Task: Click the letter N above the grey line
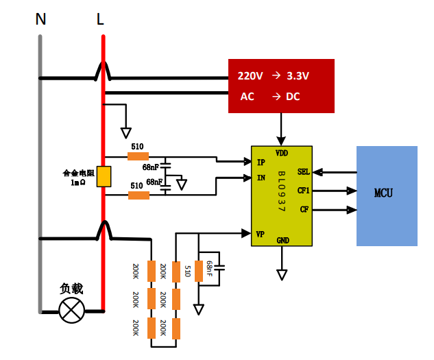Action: point(40,19)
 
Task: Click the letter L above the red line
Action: point(100,19)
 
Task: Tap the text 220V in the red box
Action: point(250,75)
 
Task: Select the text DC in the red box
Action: point(293,97)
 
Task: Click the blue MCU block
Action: point(387,196)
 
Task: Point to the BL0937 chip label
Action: point(281,191)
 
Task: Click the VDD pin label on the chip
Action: point(282,153)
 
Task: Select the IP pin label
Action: point(261,163)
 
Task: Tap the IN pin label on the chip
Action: point(261,178)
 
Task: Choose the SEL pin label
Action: point(303,171)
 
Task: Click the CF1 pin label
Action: point(303,190)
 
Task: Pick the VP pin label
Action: point(260,235)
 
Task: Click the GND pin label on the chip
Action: point(283,241)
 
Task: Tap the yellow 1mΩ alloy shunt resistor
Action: point(104,176)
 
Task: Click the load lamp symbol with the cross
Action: point(72,310)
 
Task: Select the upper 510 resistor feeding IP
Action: point(138,156)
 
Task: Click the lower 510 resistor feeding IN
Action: point(139,195)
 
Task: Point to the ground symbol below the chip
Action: point(282,275)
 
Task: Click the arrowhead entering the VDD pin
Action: point(281,141)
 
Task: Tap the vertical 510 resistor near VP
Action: point(199,271)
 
